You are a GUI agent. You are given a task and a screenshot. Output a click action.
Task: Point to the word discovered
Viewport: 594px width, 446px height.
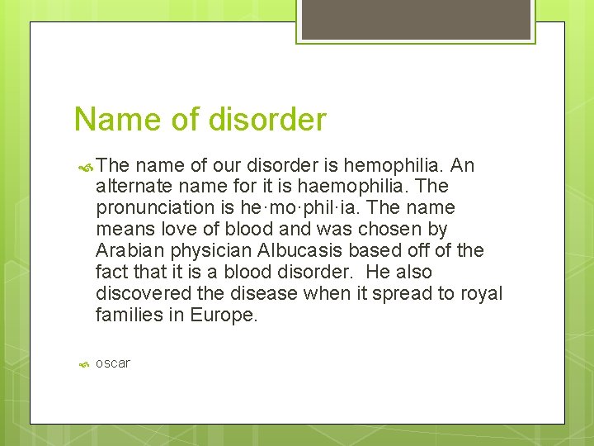coord(139,294)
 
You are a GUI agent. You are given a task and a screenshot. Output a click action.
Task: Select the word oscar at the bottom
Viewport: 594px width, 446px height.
coord(113,363)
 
